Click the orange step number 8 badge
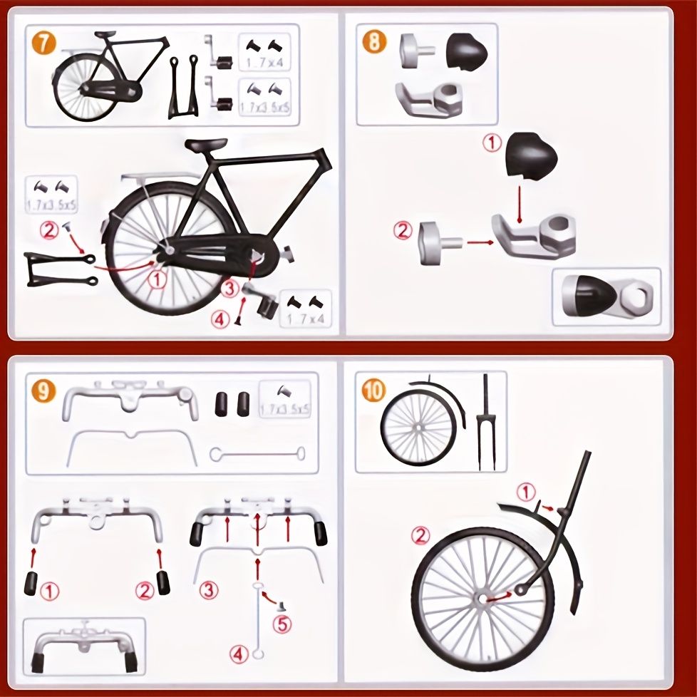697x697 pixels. (374, 41)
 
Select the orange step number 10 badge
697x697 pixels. (373, 391)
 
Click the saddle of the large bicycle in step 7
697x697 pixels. (206, 145)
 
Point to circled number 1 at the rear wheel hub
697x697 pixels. (158, 279)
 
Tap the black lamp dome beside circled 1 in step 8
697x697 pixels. (530, 155)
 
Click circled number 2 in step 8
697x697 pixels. (403, 230)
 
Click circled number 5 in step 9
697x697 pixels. (283, 624)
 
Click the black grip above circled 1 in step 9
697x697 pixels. (32, 584)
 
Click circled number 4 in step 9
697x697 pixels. (239, 652)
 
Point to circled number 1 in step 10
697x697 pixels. (525, 491)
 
